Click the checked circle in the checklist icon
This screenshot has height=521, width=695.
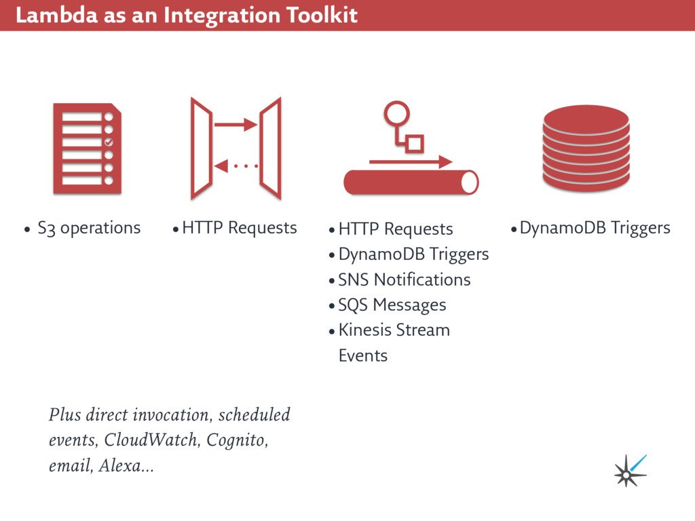pos(109,142)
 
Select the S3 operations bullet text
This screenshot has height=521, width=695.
pos(89,227)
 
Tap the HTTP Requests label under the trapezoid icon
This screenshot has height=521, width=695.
pos(239,227)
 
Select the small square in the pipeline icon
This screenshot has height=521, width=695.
pos(414,143)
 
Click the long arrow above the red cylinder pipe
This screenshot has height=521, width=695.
pos(411,162)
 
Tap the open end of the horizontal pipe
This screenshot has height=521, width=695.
pos(469,182)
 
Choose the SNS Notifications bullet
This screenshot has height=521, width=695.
pos(404,279)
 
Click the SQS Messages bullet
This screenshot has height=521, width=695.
pos(392,305)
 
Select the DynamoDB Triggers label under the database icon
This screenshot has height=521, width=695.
pos(595,227)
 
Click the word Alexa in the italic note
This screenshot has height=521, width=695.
pos(121,466)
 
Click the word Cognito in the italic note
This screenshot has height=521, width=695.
pos(236,440)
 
